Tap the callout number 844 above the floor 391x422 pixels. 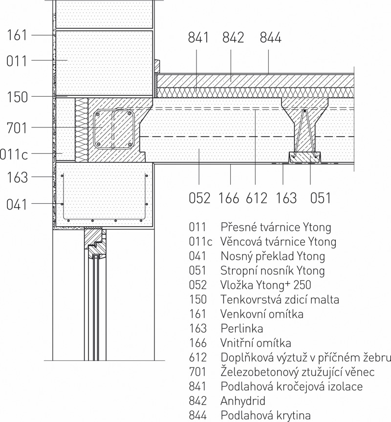click(270, 37)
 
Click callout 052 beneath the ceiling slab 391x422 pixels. click(199, 198)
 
